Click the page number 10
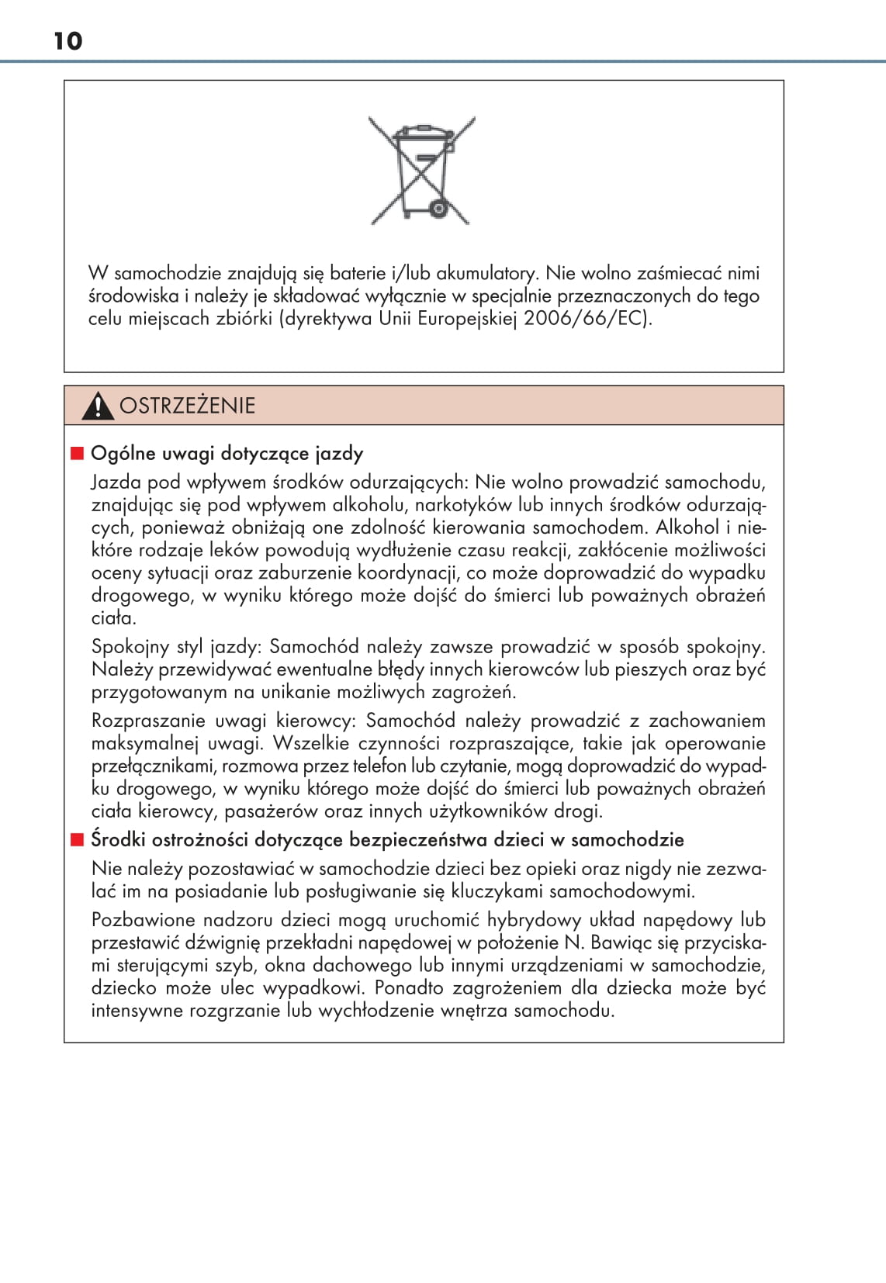coord(68,41)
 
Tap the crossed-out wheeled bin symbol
coord(422,171)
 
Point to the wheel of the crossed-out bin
coord(439,208)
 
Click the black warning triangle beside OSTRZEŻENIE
coord(98,406)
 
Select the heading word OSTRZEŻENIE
coord(187,406)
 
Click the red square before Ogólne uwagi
coord(77,453)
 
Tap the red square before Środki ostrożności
coord(77,839)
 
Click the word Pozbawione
coord(143,920)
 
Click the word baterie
coord(358,273)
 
